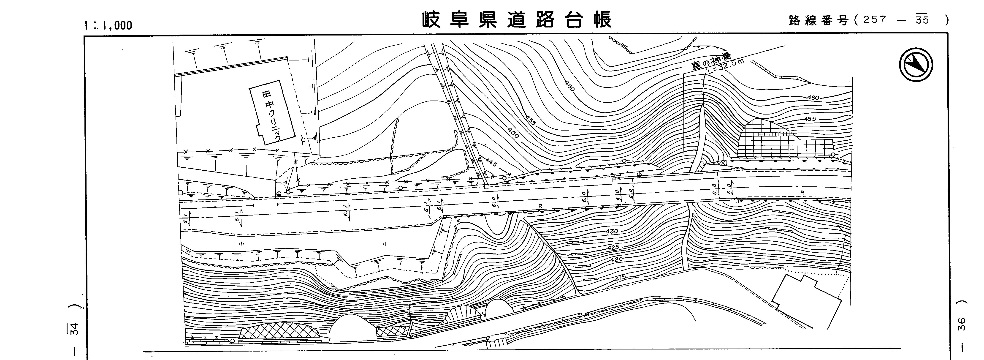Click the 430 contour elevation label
612,232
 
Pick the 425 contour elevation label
613,248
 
